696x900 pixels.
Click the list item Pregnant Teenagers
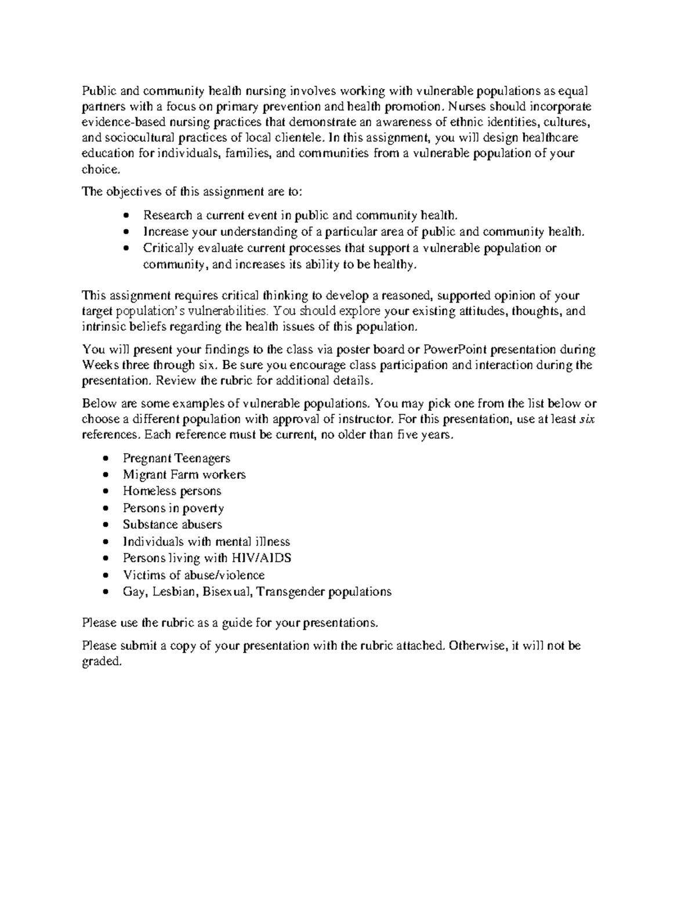click(176, 458)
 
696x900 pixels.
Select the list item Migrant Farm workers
click(184, 475)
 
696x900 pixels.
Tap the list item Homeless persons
click(172, 491)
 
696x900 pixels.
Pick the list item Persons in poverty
click(173, 508)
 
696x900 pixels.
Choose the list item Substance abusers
click(172, 524)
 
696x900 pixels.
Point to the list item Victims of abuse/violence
click(193, 575)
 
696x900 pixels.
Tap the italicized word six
click(587, 420)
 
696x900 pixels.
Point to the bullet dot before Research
click(127, 216)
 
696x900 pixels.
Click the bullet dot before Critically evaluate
click(127, 249)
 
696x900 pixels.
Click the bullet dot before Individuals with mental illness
click(104, 542)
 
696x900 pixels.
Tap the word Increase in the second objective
click(165, 232)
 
